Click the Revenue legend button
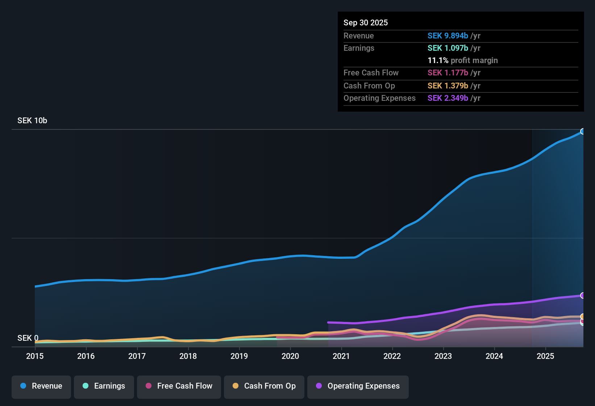tap(41, 386)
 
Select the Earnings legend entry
tap(104, 386)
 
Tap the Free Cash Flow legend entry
tap(179, 386)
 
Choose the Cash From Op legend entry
tap(264, 386)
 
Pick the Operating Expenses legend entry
tap(358, 386)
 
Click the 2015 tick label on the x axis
tap(35, 356)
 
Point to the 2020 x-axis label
tap(290, 356)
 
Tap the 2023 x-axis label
tap(443, 356)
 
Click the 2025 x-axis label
tap(545, 356)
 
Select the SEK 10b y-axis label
tap(32, 121)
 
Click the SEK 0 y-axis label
tap(28, 338)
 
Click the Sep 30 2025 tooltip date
tap(366, 22)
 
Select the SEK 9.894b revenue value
tap(448, 36)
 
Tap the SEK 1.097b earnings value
tap(448, 48)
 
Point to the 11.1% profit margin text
tap(463, 61)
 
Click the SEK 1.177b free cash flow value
tap(448, 73)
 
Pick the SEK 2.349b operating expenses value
tap(448, 98)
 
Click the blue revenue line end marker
tap(583, 131)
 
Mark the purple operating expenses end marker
tap(583, 295)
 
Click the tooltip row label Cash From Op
tap(369, 86)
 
